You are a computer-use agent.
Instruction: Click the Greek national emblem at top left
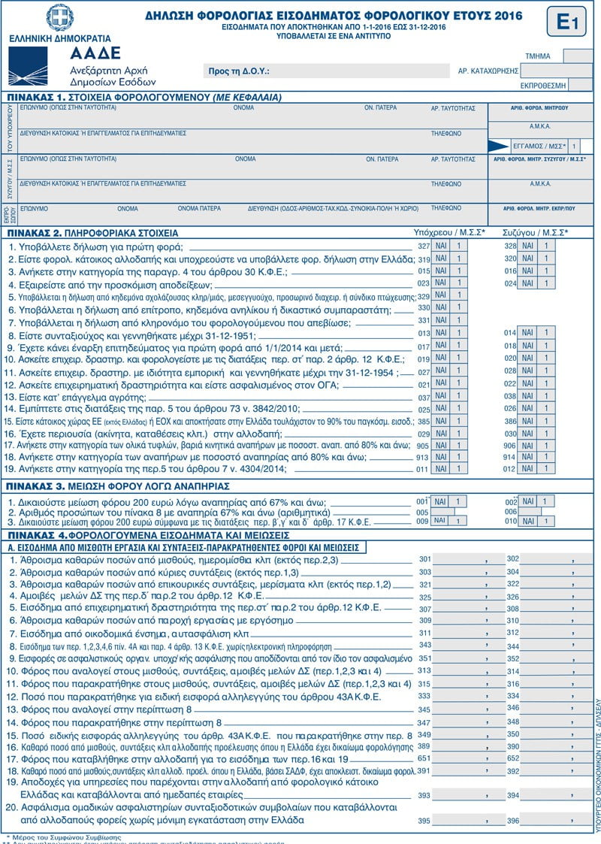(59, 17)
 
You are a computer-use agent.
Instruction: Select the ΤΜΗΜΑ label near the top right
(539, 56)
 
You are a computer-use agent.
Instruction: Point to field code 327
(423, 246)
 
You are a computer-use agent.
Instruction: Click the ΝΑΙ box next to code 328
(528, 246)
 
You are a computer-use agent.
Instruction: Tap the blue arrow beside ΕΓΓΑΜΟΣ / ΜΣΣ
(498, 146)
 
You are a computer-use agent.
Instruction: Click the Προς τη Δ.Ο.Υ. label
(239, 71)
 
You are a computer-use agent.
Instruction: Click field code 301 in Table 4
(425, 559)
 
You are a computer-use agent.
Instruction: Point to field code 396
(513, 820)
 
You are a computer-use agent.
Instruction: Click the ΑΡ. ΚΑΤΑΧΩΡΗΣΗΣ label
(488, 71)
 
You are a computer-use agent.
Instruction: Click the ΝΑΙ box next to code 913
(441, 456)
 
